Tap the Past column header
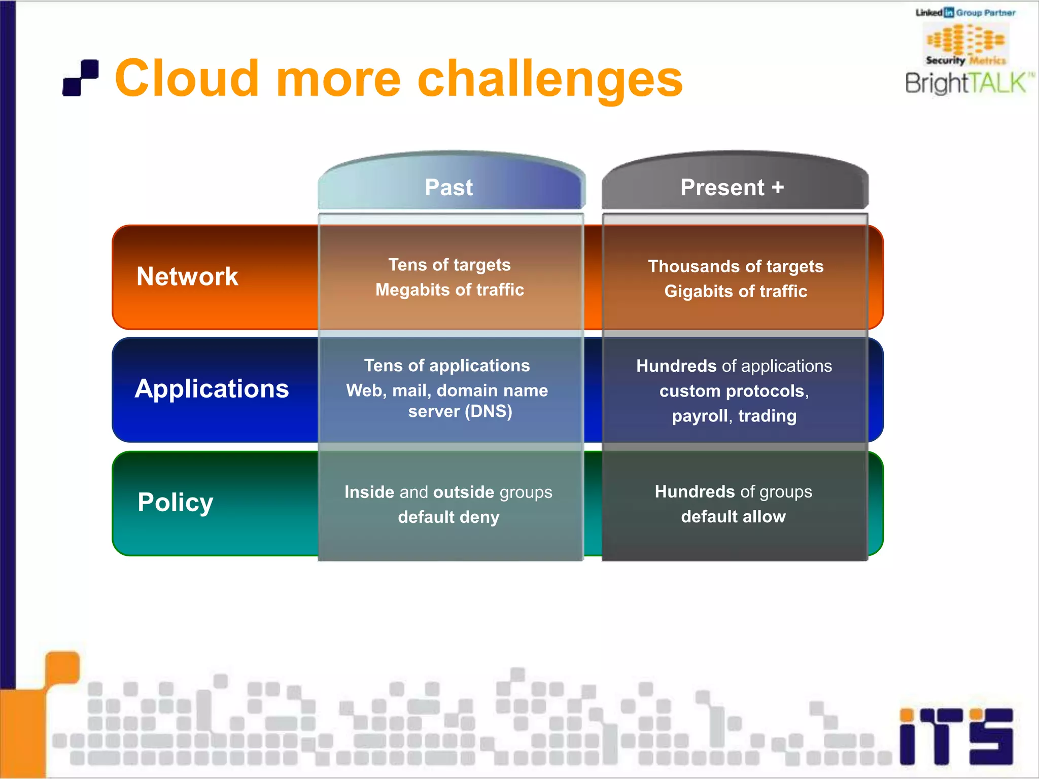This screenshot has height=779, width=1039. pyautogui.click(x=449, y=188)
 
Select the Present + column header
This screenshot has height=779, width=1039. pyautogui.click(x=732, y=188)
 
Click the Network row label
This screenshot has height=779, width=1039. pyautogui.click(x=187, y=277)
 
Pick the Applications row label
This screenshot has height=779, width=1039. pyautogui.click(x=212, y=389)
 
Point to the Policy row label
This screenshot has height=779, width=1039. pyautogui.click(x=175, y=503)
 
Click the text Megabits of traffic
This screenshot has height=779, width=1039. pyautogui.click(x=449, y=290)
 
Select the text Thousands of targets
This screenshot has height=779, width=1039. pyautogui.click(x=736, y=266)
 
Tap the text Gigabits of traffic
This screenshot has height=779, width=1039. pyautogui.click(x=736, y=291)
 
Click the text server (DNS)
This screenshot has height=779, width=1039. pyautogui.click(x=460, y=411)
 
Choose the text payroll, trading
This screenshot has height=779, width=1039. pyautogui.click(x=734, y=416)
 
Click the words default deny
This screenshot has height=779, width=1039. pyautogui.click(x=449, y=517)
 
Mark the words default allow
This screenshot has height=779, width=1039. pyautogui.click(x=733, y=517)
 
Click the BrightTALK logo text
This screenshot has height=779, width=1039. pyautogui.click(x=966, y=83)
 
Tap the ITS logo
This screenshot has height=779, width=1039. pyautogui.click(x=956, y=736)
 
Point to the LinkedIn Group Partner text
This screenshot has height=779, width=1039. pyautogui.click(x=965, y=13)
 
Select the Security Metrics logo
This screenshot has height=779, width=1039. pyautogui.click(x=965, y=45)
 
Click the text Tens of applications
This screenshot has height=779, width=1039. pyautogui.click(x=447, y=366)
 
